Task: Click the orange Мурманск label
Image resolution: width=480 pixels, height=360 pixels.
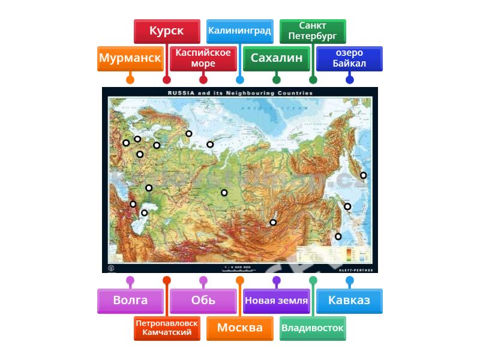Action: pos(130,58)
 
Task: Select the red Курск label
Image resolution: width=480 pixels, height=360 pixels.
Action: pos(166,31)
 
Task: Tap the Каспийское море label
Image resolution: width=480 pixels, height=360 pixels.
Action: pos(203,58)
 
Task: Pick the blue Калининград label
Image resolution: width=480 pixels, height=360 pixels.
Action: pos(239,31)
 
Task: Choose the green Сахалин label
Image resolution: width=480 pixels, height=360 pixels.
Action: pos(276,58)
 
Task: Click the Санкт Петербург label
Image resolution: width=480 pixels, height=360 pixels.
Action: pos(313,31)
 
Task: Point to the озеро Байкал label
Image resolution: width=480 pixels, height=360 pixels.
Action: pos(349,58)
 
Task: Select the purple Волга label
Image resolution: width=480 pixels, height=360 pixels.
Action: pos(130,301)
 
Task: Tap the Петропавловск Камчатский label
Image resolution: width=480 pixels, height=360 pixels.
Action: pos(167,328)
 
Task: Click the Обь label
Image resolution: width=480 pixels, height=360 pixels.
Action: pos(203,301)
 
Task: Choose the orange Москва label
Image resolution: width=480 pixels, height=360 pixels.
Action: pos(239,328)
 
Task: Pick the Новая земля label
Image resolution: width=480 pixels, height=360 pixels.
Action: pos(276,301)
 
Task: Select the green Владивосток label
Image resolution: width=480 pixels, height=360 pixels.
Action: pos(313,328)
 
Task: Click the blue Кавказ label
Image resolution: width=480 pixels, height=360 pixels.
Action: pos(349,301)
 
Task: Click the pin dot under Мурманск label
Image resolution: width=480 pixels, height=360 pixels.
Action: pos(130,79)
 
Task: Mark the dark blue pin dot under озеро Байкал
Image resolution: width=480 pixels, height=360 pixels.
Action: pos(349,79)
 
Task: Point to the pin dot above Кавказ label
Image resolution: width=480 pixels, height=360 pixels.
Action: pos(349,280)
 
